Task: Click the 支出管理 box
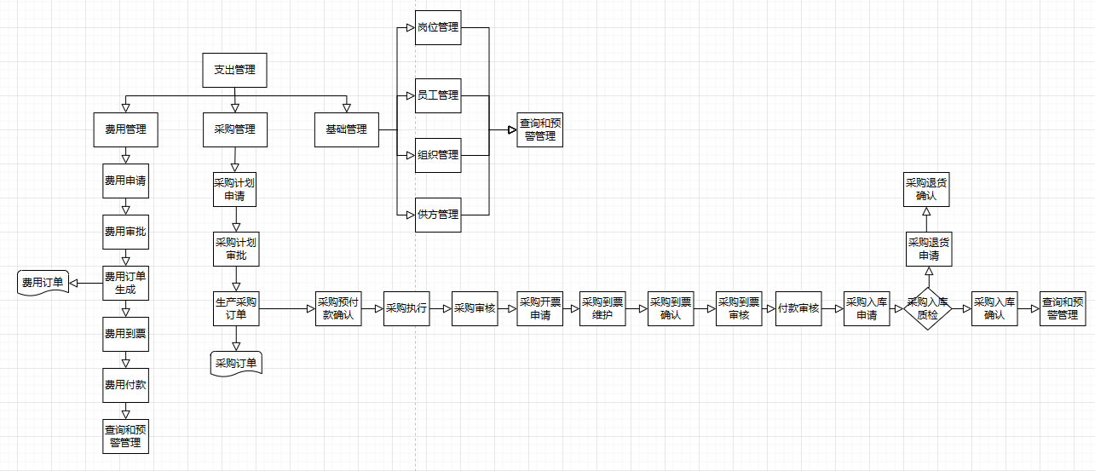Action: click(x=234, y=70)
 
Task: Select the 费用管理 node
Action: click(x=125, y=129)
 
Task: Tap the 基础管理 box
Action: click(x=346, y=129)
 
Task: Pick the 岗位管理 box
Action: click(x=438, y=27)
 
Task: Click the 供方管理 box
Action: click(x=438, y=215)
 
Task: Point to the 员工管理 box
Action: click(x=438, y=95)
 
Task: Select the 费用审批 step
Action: click(x=125, y=232)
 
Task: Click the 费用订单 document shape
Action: click(x=43, y=283)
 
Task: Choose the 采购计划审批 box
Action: click(x=235, y=249)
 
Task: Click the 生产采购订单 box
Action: click(x=235, y=308)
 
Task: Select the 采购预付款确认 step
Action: click(x=339, y=308)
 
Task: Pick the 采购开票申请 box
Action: click(x=540, y=308)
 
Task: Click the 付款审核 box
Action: click(x=798, y=308)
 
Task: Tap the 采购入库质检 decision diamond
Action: click(x=927, y=308)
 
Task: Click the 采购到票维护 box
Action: click(x=602, y=308)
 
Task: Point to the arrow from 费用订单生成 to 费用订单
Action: click(x=85, y=283)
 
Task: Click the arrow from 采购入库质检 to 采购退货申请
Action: click(x=929, y=276)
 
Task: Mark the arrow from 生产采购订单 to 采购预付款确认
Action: click(x=286, y=309)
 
